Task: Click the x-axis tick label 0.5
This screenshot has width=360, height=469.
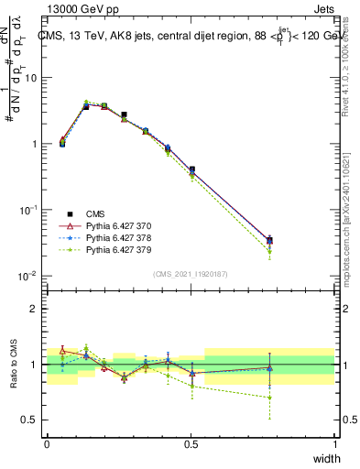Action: point(191,445)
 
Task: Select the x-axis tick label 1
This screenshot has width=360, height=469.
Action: point(334,445)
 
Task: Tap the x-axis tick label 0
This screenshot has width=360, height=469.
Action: point(47,445)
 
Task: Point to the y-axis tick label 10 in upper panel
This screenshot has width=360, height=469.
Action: point(30,78)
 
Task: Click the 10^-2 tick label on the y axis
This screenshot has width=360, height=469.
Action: point(28,276)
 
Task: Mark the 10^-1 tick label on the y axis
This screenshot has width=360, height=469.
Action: point(28,210)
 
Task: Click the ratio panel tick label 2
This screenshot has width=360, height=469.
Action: point(35,309)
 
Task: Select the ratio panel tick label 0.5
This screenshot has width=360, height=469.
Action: point(31,420)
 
